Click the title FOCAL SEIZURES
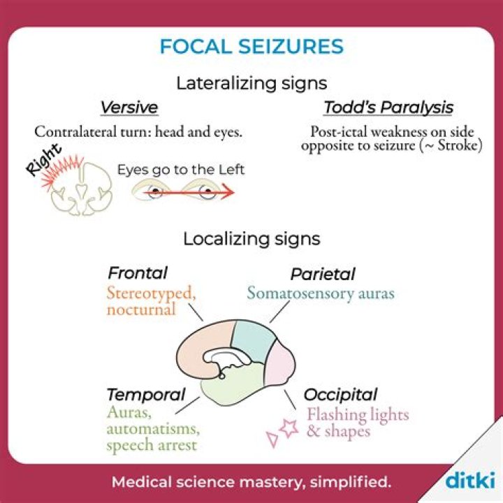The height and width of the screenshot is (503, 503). point(251,47)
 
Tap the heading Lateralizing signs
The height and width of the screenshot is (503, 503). point(251,83)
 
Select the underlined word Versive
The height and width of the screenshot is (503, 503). point(129,108)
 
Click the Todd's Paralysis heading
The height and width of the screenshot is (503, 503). point(388,108)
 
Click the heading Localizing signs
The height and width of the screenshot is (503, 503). point(251,239)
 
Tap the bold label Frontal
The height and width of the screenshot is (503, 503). point(138,272)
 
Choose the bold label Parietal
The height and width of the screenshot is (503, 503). point(323,274)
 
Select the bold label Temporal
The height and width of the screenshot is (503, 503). point(146,395)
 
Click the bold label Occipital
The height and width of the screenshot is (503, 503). point(341,395)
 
